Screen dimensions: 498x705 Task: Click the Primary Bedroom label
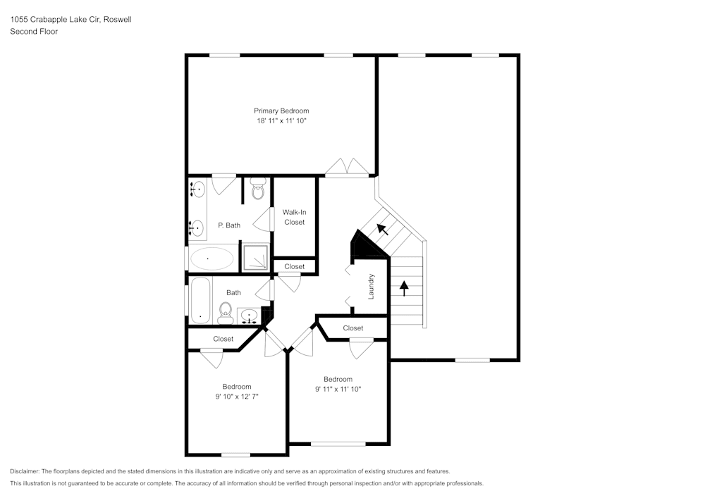click(281, 111)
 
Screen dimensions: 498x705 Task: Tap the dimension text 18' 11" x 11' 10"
click(281, 121)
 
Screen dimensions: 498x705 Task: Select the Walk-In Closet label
click(294, 217)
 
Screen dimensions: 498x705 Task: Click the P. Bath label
click(229, 225)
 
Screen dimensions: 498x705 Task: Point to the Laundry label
click(371, 287)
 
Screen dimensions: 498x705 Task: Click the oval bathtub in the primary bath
click(211, 259)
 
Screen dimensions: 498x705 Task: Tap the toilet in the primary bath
click(257, 190)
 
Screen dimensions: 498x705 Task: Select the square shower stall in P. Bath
click(255, 257)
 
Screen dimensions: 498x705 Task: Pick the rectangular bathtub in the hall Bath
click(200, 300)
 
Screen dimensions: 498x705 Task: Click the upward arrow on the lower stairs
click(404, 287)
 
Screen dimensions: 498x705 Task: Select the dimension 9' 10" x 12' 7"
click(237, 397)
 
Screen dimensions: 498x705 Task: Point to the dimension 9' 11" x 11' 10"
click(338, 389)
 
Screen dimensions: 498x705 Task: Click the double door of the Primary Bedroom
click(347, 168)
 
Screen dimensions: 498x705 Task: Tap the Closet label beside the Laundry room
click(353, 328)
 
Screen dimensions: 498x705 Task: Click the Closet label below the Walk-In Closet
click(295, 266)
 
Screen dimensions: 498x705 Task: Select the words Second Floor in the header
click(34, 32)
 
